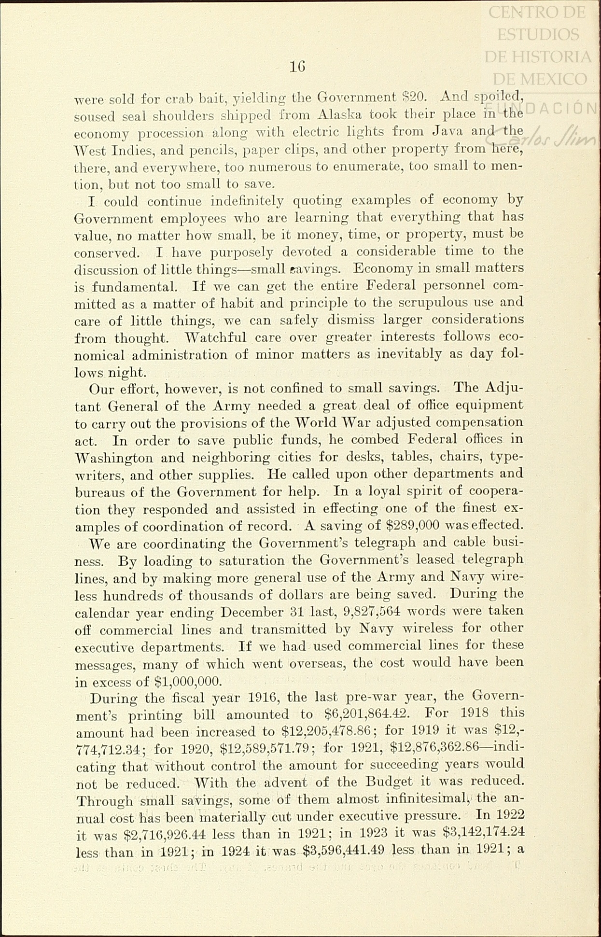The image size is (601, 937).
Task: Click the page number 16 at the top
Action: point(297,67)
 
